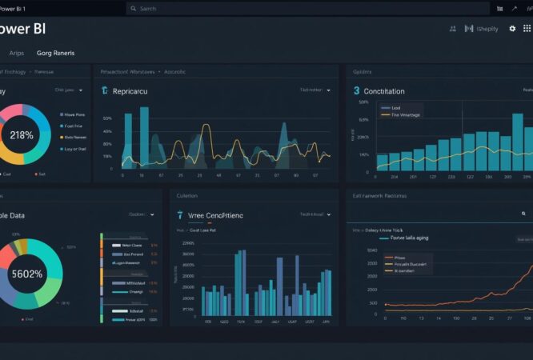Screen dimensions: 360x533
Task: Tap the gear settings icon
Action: [513, 29]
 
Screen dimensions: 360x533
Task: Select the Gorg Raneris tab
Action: [55, 53]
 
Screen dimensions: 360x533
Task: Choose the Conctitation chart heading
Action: [384, 91]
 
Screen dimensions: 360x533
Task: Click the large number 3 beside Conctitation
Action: [356, 91]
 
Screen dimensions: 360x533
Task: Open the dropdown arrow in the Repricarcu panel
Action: [328, 91]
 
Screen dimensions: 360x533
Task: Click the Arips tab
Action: [16, 53]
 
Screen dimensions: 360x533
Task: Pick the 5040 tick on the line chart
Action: [372, 251]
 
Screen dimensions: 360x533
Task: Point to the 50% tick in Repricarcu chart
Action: [107, 118]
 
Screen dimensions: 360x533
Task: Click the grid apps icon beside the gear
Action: [527, 29]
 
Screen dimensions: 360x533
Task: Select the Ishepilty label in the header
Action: [487, 29]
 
